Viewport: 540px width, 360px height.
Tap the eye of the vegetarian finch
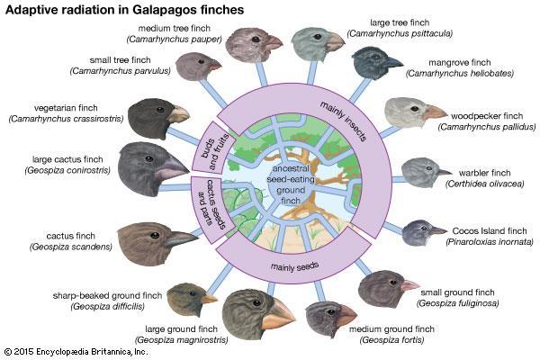160,110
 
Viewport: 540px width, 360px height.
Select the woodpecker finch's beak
435,112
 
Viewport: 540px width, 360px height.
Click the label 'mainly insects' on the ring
343,121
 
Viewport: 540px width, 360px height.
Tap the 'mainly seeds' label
294,266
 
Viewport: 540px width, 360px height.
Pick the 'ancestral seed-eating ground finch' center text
291,184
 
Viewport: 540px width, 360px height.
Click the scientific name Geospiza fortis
391,340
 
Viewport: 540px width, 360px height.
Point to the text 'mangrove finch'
459,63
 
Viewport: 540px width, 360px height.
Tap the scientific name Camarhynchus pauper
175,40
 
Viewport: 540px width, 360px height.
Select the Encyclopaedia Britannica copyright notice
76,352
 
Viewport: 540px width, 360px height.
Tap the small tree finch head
198,66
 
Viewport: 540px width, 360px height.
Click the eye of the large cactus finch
149,158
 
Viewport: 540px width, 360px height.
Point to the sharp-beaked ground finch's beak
209,299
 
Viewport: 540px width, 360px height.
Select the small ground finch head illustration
388,288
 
